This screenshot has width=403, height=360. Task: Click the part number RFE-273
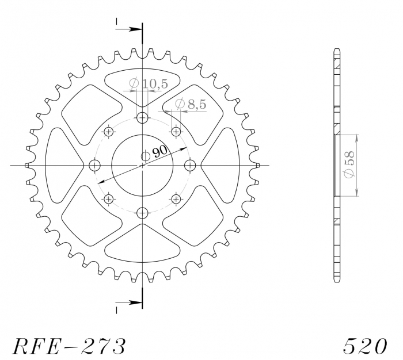coord(69,345)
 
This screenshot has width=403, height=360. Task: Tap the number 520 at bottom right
coord(365,345)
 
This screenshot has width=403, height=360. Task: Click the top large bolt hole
coord(142,118)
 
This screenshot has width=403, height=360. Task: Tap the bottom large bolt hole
coord(142,212)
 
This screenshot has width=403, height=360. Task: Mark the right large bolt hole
coord(189,166)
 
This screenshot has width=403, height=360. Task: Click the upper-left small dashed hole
coord(109,132)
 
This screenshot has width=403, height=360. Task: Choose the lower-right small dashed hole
coord(176,199)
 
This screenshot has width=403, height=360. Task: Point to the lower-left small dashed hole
coord(109,199)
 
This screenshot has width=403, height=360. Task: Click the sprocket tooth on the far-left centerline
coord(28,166)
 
